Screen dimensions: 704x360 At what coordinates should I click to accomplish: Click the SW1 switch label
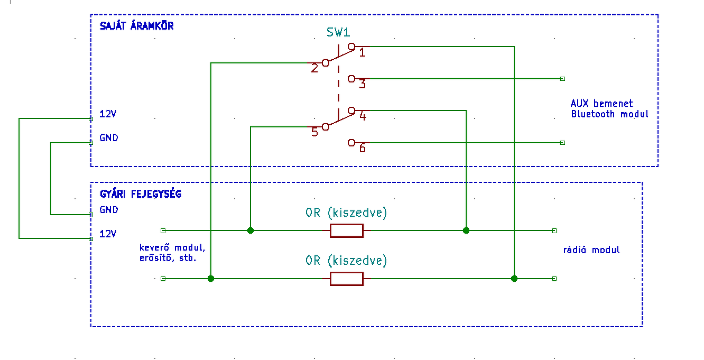pos(338,32)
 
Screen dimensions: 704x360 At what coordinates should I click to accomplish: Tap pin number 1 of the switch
pos(363,52)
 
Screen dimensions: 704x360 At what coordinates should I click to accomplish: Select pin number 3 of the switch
pos(363,84)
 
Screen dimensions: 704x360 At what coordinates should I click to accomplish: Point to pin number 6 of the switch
pos(363,148)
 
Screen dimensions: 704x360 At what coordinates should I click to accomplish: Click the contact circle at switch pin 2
pos(326,63)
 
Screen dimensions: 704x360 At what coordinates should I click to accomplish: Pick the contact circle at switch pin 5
pos(326,127)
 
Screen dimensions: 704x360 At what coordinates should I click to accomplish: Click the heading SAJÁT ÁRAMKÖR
pos(137,25)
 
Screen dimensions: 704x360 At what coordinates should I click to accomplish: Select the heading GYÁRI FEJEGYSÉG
pos(141,193)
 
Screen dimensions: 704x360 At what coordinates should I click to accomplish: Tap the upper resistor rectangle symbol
pos(347,230)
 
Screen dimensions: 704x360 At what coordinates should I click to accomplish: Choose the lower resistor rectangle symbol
pos(347,279)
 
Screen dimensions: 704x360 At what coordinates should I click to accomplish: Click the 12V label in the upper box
pos(108,114)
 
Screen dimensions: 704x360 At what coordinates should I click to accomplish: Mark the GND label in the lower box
pos(109,210)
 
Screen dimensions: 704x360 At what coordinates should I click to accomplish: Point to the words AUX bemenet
pos(601,104)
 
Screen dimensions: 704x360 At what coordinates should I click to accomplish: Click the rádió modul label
pos(591,250)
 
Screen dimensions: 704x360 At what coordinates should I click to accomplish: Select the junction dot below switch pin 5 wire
pos(251,230)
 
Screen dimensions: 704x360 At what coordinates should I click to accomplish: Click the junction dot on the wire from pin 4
pos(466,230)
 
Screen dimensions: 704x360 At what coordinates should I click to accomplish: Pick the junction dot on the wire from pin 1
pos(514,279)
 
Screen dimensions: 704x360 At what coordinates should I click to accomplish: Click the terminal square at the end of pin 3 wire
pos(562,79)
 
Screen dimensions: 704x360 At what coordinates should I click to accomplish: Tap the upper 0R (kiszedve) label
pos(346,213)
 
